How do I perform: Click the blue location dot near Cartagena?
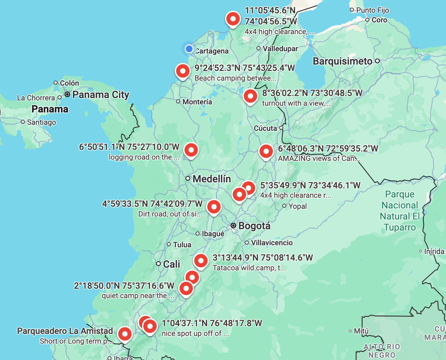click(189, 49)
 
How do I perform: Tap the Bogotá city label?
click(254, 226)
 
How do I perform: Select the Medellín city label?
click(212, 179)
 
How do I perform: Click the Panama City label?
click(100, 95)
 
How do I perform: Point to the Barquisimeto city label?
click(342, 61)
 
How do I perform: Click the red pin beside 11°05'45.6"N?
click(233, 19)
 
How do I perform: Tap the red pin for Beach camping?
click(183, 71)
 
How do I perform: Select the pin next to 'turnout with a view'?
click(250, 96)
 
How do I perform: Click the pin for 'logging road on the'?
click(191, 150)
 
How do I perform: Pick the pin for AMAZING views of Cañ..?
click(266, 152)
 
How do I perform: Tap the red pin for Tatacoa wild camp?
click(201, 260)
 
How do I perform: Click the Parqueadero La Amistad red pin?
click(125, 334)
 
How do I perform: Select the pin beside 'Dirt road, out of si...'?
click(214, 207)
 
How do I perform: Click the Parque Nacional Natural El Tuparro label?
click(400, 211)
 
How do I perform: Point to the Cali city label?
click(171, 264)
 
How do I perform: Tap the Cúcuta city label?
click(265, 128)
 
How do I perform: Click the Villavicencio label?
click(272, 243)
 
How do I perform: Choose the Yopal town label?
click(297, 206)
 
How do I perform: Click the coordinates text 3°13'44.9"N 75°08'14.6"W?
click(263, 258)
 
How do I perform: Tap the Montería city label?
click(197, 102)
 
